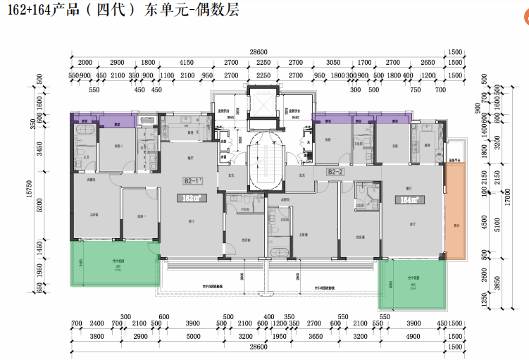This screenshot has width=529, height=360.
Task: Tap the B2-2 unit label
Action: [335, 171]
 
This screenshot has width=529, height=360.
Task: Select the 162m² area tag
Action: [190, 199]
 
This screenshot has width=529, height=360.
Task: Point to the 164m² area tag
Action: [408, 199]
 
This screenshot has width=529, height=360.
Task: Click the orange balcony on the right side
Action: [455, 212]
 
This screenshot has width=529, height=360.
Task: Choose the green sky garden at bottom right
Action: [411, 283]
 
